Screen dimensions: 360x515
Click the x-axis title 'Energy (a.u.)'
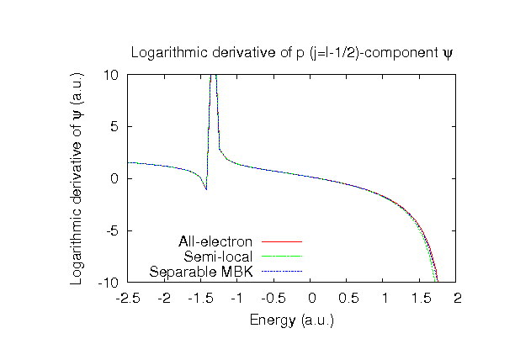click(292, 320)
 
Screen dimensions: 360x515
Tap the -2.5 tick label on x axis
click(128, 299)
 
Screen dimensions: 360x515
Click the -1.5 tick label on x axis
click(201, 299)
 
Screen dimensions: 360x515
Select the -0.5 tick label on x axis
click(274, 299)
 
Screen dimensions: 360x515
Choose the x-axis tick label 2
click(458, 299)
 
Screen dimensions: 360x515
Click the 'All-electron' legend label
click(216, 242)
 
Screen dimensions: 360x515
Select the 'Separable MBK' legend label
click(201, 271)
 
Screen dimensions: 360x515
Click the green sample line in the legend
click(282, 257)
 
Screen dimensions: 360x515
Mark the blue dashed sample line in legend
click(282, 271)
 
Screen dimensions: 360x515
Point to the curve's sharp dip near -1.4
click(205, 189)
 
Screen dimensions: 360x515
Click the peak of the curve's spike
click(213, 76)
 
